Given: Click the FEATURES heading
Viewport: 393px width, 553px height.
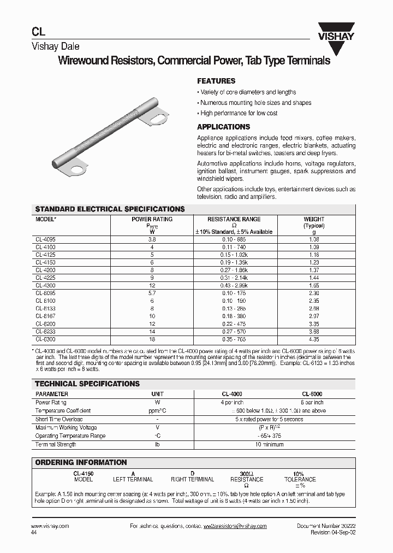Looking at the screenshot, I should (x=216, y=80).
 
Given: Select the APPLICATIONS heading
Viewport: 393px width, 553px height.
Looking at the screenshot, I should (x=223, y=127).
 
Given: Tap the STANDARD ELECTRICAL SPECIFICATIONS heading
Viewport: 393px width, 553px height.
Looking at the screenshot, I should (x=110, y=209).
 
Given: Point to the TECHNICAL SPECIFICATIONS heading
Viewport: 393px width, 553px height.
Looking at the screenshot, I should (x=87, y=384).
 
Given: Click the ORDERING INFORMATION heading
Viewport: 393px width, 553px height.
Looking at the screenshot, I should (x=81, y=462).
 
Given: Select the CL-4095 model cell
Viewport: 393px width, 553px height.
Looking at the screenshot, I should (x=46, y=239).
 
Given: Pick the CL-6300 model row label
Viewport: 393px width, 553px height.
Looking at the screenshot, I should (x=46, y=339).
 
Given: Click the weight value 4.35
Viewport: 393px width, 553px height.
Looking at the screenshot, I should (x=313, y=339).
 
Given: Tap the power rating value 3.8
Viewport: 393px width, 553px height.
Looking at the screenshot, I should (x=152, y=239).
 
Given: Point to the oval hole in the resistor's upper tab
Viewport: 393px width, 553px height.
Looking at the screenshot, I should (x=159, y=116).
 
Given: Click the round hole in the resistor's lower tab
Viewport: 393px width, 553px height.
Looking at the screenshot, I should (x=78, y=169).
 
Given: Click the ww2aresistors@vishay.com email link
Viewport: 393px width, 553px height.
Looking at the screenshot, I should (x=235, y=526).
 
